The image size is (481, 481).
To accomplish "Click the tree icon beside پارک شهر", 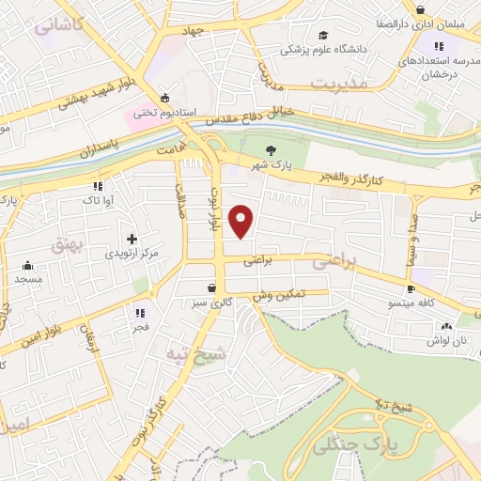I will (272, 149).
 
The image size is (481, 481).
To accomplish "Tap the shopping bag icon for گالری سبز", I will (215, 287).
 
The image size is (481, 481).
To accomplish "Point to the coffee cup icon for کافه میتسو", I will (411, 288).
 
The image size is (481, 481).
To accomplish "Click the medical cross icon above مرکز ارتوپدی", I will (131, 239).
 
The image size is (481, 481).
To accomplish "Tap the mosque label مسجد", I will (28, 280).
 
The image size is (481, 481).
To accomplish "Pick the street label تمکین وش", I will (279, 296).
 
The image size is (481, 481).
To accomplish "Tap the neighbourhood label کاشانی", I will (58, 26).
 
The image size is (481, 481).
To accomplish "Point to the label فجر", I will (140, 328).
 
